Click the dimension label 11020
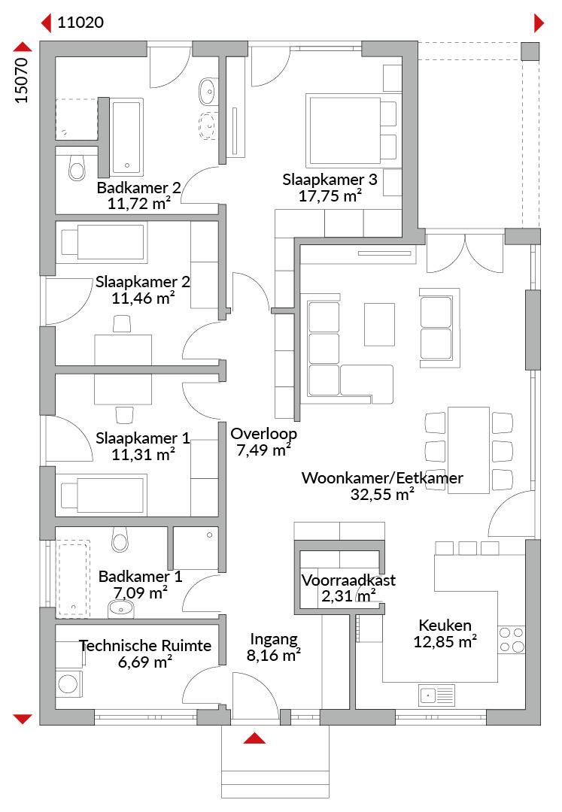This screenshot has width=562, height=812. [x=81, y=23]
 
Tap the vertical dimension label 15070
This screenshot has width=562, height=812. [x=22, y=80]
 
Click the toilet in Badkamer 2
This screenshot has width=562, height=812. [x=77, y=166]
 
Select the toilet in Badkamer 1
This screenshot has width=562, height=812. [x=120, y=540]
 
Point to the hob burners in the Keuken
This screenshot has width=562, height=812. [x=512, y=640]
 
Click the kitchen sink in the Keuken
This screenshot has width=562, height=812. [x=436, y=695]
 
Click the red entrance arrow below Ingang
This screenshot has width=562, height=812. [x=254, y=738]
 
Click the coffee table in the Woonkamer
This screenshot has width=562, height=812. [x=380, y=325]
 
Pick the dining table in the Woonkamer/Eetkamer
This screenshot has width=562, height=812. [x=469, y=450]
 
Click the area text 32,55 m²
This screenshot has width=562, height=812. [x=382, y=494]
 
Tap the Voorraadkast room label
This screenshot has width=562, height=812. [x=348, y=580]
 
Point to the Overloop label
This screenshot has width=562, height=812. [x=263, y=434]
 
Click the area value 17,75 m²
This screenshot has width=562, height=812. [x=330, y=195]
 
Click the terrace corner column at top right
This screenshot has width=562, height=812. [x=530, y=51]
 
